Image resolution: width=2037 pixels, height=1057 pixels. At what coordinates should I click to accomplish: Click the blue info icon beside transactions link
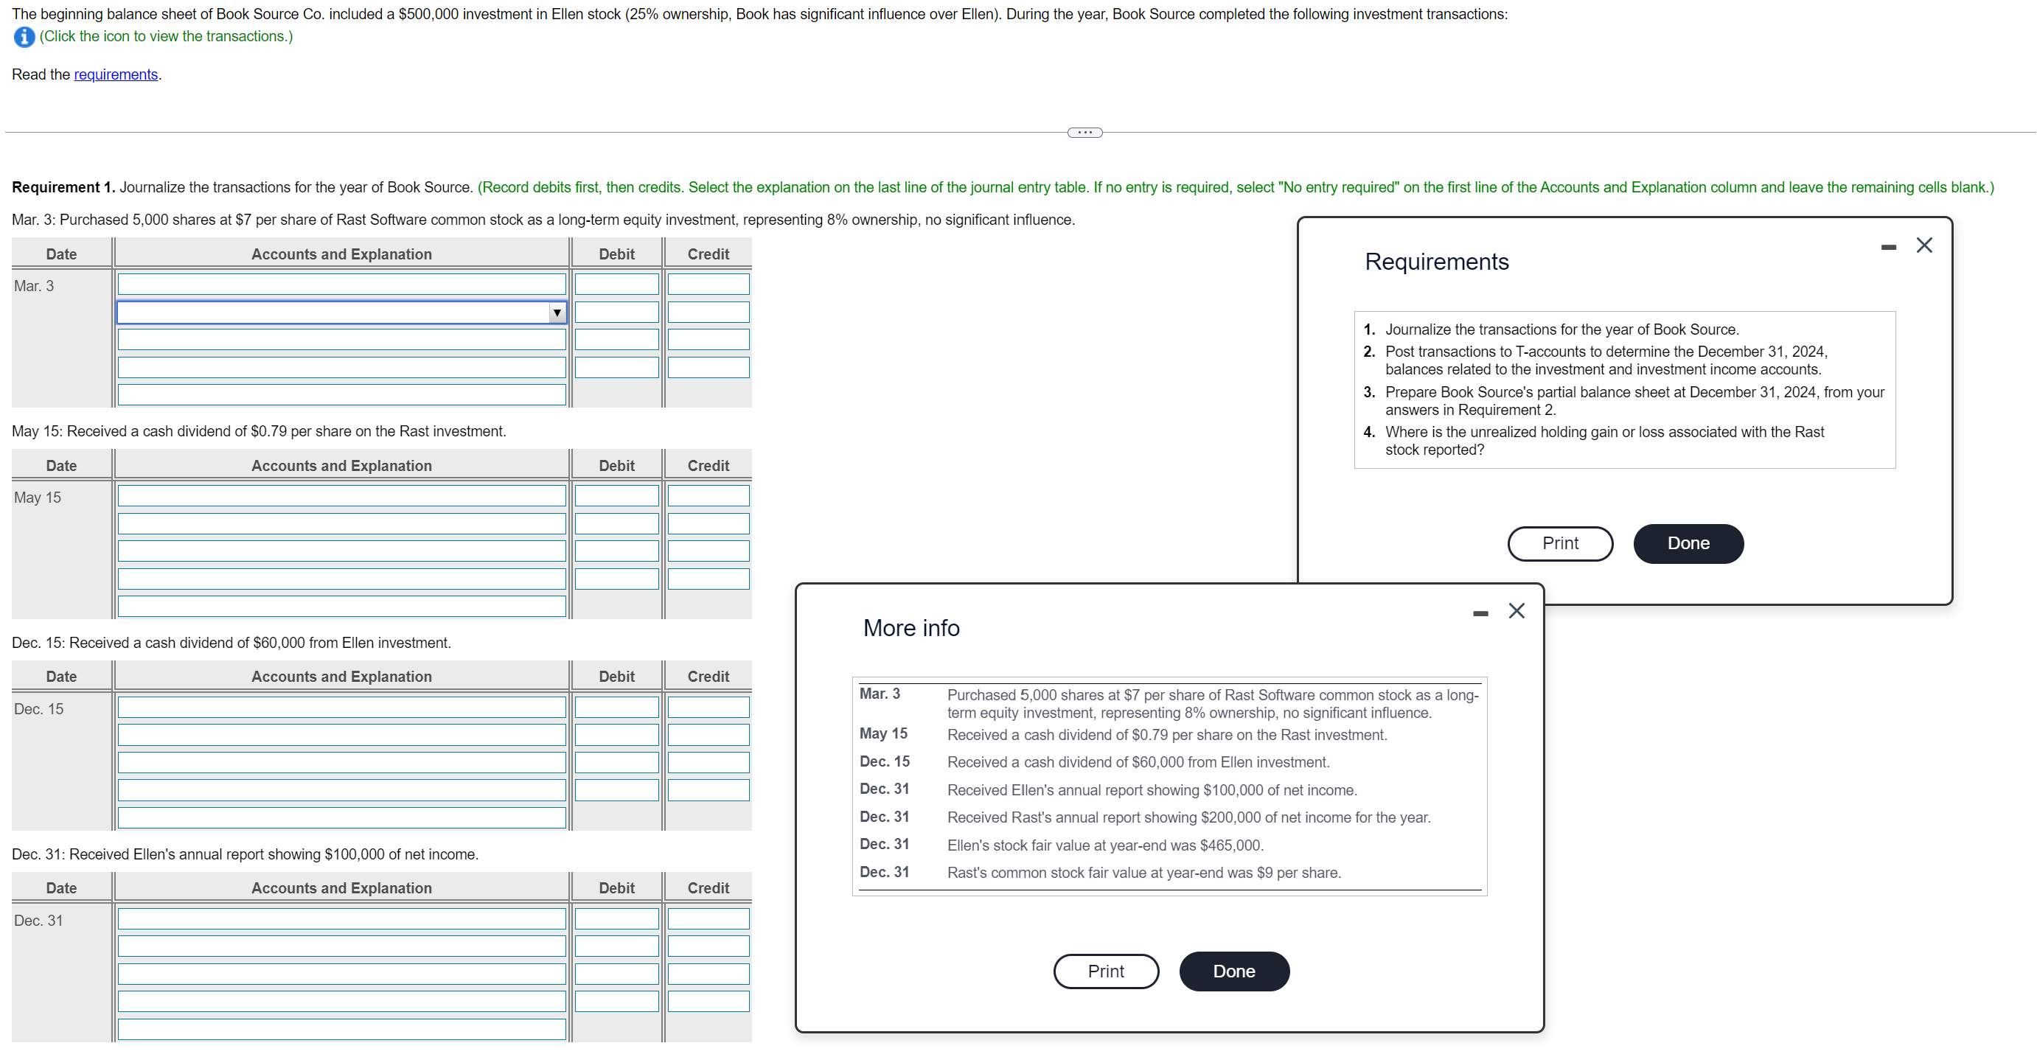24,36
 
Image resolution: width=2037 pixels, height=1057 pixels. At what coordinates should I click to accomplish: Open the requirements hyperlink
116,74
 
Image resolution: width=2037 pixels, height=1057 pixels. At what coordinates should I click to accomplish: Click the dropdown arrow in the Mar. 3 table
557,313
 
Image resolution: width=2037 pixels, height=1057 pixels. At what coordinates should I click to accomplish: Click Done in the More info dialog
1233,971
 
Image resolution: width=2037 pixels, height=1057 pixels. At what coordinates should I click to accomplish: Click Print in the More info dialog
1105,971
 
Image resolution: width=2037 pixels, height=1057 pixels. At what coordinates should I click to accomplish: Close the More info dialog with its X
1516,610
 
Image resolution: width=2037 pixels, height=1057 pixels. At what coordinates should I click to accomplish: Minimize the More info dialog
1480,613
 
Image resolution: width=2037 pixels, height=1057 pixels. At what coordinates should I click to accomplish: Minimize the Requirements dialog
1888,248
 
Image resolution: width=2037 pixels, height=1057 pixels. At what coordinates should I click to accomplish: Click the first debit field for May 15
616,495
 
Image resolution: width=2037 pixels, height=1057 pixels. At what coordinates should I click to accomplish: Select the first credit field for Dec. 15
708,707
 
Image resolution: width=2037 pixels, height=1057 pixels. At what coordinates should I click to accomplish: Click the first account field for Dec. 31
341,918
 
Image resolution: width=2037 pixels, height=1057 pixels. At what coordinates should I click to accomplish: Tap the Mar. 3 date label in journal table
34,286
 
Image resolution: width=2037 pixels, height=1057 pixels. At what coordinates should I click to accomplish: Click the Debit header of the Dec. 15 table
616,677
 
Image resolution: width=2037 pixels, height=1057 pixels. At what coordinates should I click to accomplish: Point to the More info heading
911,628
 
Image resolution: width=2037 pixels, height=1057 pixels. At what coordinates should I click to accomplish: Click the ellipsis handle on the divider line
1085,132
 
